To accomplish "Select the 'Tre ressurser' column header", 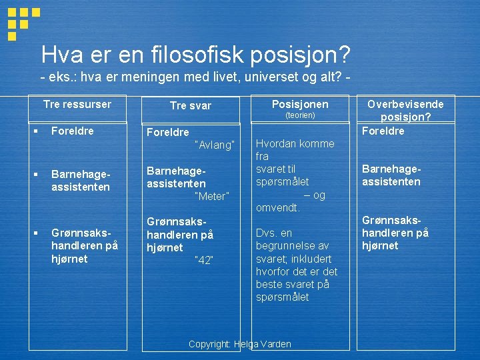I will [77, 104].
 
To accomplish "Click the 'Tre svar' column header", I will [191, 105].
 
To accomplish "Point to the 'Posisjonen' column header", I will [300, 104].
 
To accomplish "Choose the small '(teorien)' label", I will [300, 115].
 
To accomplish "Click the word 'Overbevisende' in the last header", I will [405, 104].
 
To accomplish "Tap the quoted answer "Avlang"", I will [214, 145].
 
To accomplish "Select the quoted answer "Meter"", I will [211, 196].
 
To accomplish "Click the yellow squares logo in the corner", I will [23, 23].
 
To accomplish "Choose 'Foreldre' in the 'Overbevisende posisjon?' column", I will [383, 131].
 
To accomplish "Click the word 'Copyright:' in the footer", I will [210, 344].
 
